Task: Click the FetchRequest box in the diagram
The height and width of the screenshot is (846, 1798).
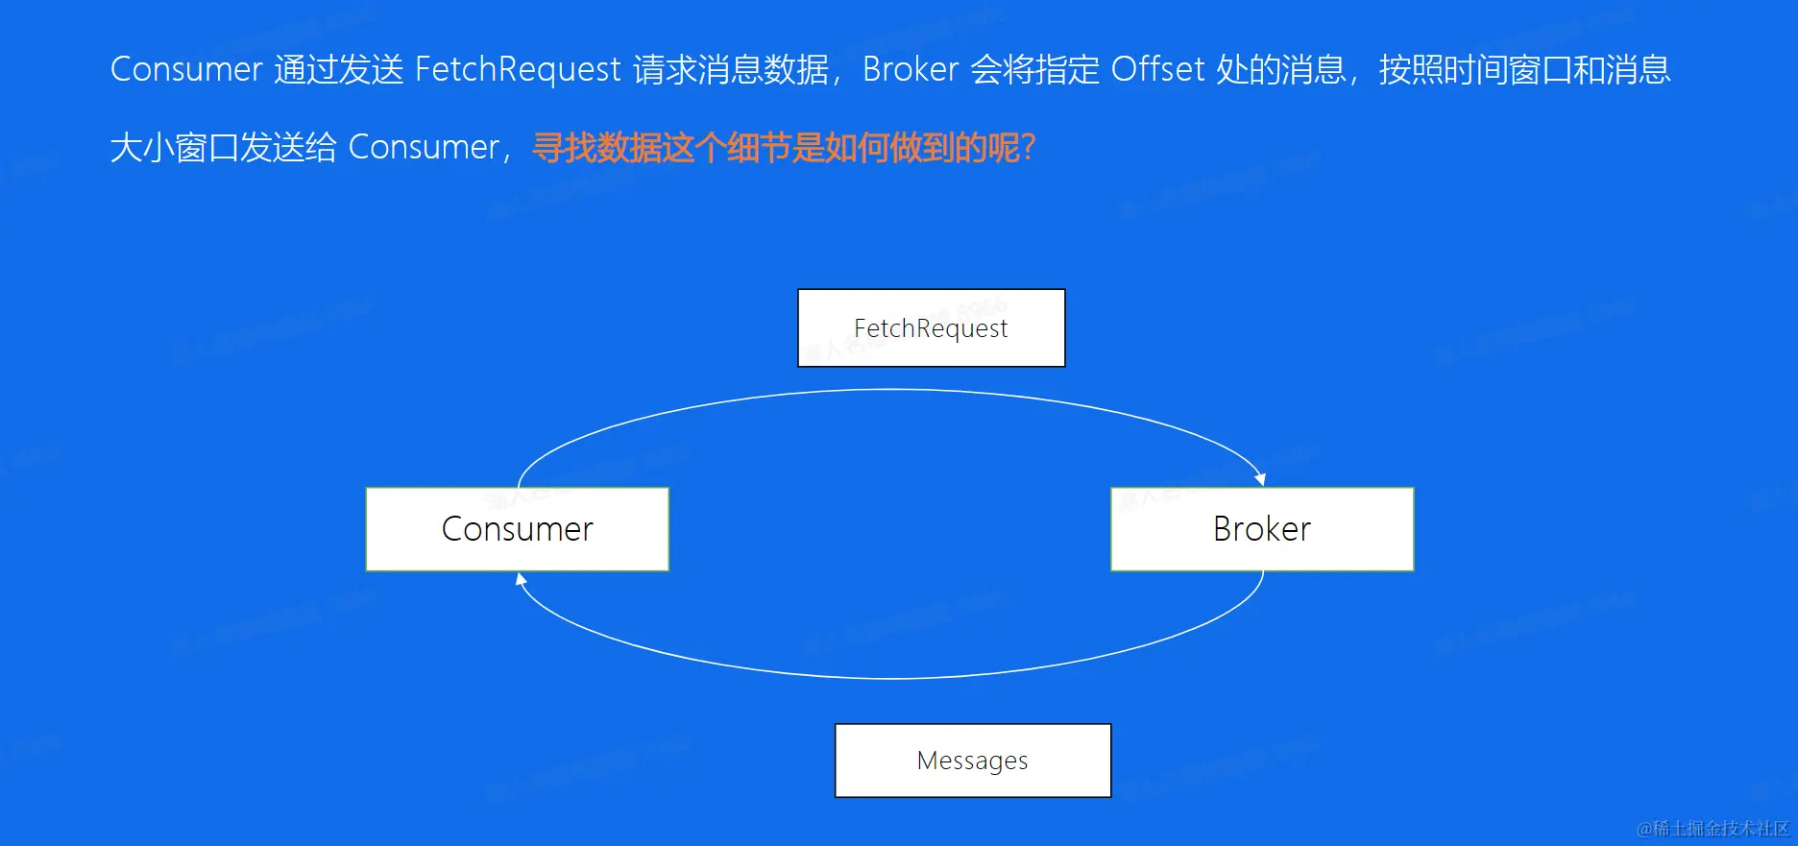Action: point(931,328)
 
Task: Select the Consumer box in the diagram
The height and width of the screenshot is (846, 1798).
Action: point(517,529)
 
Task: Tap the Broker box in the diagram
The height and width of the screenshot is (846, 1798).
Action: point(1261,529)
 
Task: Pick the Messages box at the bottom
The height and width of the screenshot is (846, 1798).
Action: point(972,761)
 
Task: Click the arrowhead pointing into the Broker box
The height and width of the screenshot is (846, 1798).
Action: point(1260,478)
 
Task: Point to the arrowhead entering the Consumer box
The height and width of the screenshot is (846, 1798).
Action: point(521,579)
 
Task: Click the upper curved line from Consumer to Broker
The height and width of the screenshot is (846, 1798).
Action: point(891,390)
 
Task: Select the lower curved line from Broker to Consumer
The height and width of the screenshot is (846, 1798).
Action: point(891,678)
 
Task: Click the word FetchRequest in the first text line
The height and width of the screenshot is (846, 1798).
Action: point(518,69)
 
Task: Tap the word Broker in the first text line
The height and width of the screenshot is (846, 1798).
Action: point(911,69)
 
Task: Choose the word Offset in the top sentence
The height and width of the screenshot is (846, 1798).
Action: point(1157,69)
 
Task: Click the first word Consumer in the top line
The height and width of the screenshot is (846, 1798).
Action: point(186,69)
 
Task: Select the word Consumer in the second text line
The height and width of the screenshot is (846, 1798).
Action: point(424,148)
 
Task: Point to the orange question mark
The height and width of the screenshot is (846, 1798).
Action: point(1029,148)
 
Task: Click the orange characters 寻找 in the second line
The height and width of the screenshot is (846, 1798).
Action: point(564,148)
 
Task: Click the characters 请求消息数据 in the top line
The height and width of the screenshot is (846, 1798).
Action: point(730,69)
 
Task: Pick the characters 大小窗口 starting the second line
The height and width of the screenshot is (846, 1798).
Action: point(174,148)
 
